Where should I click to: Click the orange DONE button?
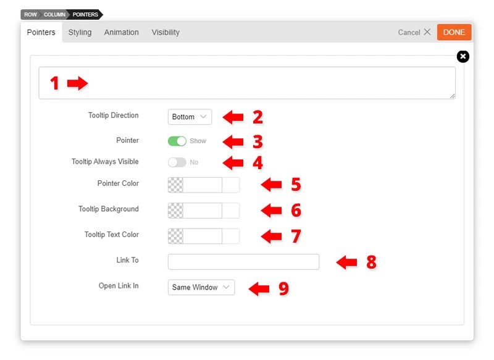click(x=454, y=32)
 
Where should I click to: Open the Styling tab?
click(x=80, y=32)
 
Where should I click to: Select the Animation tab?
click(x=121, y=32)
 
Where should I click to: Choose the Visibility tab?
click(x=165, y=32)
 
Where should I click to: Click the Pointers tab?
click(x=41, y=32)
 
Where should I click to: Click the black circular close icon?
click(x=463, y=57)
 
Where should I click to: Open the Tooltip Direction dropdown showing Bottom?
click(x=190, y=117)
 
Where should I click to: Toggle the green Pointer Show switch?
click(x=177, y=141)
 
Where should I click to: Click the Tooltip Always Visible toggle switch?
click(x=177, y=162)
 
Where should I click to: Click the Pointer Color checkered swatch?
click(x=175, y=185)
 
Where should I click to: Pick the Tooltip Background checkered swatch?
click(x=175, y=211)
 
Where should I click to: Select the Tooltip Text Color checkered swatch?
click(x=175, y=237)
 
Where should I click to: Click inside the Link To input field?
click(x=243, y=262)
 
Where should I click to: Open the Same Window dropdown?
click(x=201, y=287)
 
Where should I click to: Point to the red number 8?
click(x=372, y=262)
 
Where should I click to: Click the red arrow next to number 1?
click(x=78, y=83)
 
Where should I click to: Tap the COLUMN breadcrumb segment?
click(x=54, y=14)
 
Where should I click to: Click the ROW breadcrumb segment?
click(x=30, y=14)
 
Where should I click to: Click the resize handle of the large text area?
click(x=453, y=96)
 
